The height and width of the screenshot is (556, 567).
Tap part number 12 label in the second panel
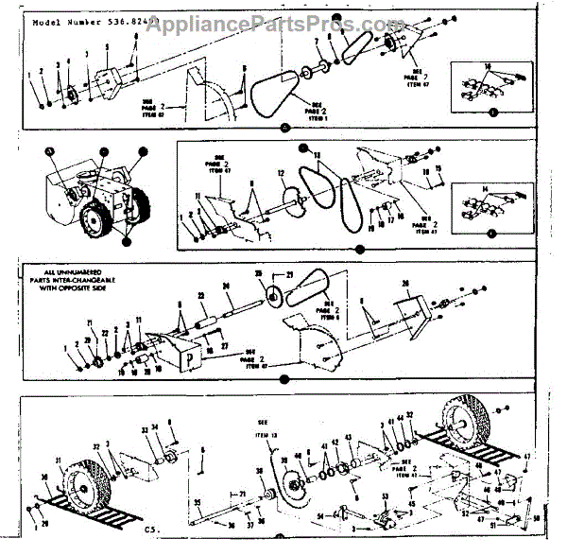coord(281,173)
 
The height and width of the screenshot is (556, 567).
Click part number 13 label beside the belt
coord(318,155)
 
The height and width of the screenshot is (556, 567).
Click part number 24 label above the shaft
coord(227,287)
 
